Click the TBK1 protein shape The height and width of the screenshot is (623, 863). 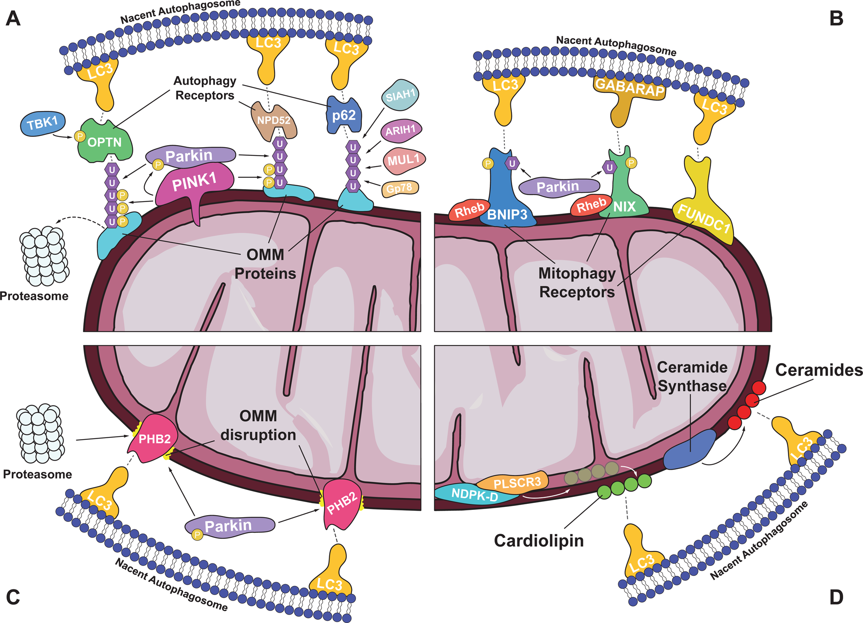[42, 124]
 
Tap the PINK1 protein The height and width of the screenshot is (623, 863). [194, 183]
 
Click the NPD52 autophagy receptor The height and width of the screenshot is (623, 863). [274, 120]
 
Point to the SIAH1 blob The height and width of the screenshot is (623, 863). [400, 95]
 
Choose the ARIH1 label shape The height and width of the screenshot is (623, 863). [400, 130]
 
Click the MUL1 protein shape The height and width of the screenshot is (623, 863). [403, 160]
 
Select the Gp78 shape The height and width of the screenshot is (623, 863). [400, 188]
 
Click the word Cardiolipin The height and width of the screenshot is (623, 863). [539, 541]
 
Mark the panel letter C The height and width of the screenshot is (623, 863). [13, 597]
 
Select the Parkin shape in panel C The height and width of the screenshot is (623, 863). [229, 526]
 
